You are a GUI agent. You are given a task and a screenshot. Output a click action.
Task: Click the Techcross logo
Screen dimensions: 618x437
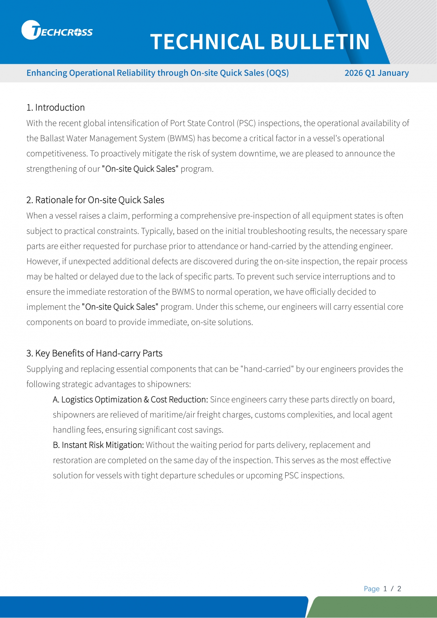pos(57,30)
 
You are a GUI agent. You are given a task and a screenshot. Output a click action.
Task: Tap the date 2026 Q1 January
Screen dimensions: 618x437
pos(376,73)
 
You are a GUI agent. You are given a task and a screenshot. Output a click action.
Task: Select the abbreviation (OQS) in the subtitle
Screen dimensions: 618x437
pos(277,73)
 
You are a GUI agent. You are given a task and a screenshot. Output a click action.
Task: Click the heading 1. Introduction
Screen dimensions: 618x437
pos(56,107)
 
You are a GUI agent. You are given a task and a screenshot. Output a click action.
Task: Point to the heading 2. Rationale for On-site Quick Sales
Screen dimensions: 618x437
pos(95,200)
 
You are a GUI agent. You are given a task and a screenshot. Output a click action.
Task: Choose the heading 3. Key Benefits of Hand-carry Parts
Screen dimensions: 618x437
pos(94,353)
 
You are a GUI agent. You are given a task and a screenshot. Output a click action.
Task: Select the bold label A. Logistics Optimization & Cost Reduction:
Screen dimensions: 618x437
pos(130,400)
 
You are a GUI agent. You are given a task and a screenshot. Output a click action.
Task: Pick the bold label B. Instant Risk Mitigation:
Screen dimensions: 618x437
pos(98,445)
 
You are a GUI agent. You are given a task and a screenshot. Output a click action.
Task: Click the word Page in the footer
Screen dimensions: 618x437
pos(371,589)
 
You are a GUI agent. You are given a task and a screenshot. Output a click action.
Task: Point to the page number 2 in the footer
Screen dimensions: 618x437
pos(399,589)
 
